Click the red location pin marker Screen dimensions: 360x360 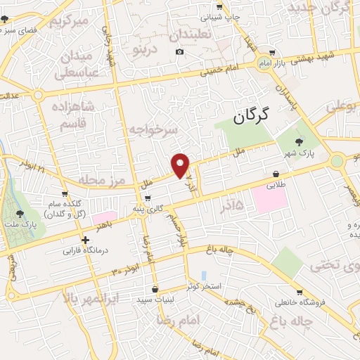click(181, 165)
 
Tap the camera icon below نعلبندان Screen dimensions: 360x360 click(180, 52)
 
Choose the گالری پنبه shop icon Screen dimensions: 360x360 click(148, 198)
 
